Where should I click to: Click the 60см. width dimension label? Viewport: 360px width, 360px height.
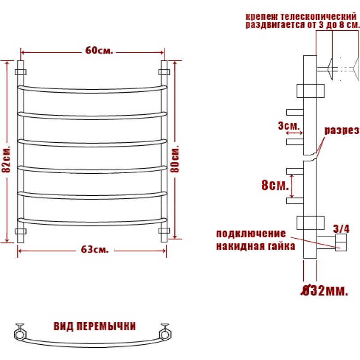(99, 50)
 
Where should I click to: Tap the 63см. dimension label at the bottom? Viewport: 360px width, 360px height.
(94, 249)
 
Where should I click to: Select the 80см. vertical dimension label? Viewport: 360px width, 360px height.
(175, 159)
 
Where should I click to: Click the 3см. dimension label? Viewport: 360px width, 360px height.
(289, 126)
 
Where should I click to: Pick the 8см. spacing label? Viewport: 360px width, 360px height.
(275, 185)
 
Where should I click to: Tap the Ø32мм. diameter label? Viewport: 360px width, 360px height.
(324, 291)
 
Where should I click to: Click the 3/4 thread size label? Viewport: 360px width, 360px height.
(341, 229)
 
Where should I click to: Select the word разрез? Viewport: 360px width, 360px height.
(342, 130)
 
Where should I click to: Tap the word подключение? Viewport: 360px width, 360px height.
(251, 234)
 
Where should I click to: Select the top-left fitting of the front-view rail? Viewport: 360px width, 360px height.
(20, 72)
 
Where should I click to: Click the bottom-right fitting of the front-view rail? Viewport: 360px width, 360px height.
(164, 231)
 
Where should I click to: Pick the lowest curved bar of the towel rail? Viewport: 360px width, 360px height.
(92, 223)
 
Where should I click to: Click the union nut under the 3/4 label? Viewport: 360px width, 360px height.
(341, 243)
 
